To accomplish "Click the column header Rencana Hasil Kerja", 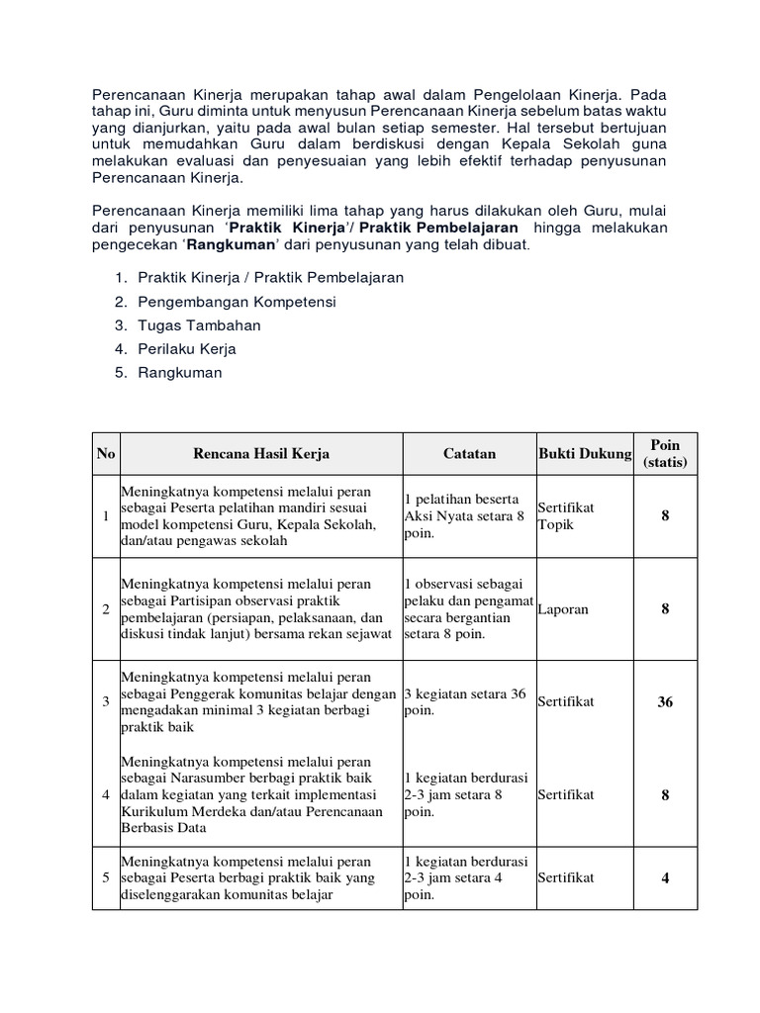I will click(261, 453).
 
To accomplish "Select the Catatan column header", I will click(469, 453).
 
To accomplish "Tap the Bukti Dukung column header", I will click(584, 453).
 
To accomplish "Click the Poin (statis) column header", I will click(665, 453).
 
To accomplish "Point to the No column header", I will click(105, 453).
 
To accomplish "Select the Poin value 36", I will click(665, 702).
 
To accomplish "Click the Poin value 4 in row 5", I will click(665, 877).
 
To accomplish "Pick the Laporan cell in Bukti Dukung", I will click(563, 609).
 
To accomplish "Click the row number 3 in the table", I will click(105, 702).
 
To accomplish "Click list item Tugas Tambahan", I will click(199, 324).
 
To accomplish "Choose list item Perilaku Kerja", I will click(187, 348).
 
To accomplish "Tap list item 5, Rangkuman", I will click(180, 373).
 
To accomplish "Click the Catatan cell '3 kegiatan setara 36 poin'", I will click(466, 702).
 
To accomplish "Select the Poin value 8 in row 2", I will click(665, 609).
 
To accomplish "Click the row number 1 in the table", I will click(105, 515).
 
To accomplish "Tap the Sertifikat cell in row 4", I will click(566, 793).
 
